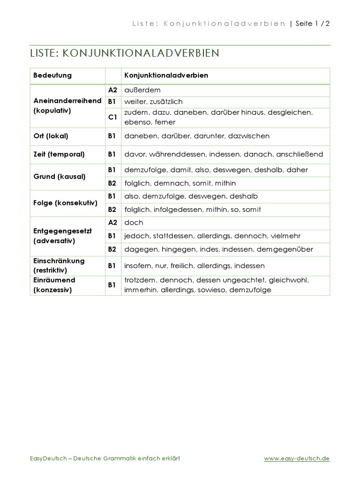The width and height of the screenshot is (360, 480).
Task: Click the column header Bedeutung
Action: (52, 75)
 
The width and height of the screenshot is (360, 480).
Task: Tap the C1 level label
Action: (112, 118)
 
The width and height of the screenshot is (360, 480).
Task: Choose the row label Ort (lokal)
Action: (51, 136)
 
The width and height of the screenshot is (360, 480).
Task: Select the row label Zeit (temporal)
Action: (59, 154)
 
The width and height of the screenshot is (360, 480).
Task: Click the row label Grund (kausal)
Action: (60, 177)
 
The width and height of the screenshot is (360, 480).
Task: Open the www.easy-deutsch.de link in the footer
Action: (297, 458)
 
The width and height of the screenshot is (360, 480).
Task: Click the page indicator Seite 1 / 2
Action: (313, 24)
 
